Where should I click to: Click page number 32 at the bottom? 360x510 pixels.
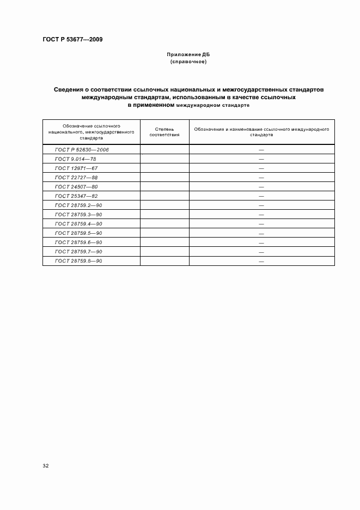[x=46, y=466]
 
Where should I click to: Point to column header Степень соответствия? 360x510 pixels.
[x=164, y=131]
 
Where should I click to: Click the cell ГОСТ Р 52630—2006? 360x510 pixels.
[x=82, y=149]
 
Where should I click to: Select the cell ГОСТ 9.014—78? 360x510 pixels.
[x=76, y=159]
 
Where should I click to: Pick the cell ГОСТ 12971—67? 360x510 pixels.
[x=77, y=168]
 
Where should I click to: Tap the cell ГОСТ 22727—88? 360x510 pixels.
[x=77, y=177]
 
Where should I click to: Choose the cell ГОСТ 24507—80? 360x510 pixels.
[x=77, y=186]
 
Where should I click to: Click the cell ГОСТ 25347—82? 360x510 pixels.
[x=77, y=196]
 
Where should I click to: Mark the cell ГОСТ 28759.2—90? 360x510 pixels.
[x=79, y=205]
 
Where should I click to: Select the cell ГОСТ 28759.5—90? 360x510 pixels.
[x=79, y=233]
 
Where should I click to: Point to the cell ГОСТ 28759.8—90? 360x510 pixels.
[x=79, y=261]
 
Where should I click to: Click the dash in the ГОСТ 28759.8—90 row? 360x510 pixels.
[x=261, y=262]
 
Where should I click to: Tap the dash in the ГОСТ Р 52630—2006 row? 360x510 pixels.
[x=261, y=149]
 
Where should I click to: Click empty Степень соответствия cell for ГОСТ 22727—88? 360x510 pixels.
[x=164, y=177]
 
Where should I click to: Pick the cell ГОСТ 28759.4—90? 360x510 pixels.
[x=79, y=224]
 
